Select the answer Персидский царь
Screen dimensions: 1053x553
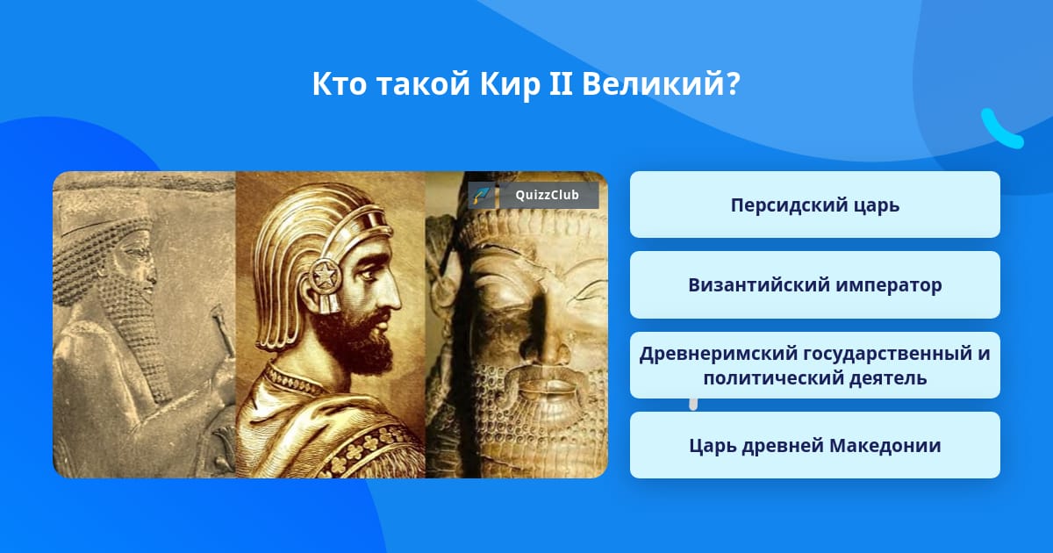coord(814,205)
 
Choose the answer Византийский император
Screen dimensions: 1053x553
coord(814,285)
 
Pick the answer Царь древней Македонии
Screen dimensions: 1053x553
coord(814,445)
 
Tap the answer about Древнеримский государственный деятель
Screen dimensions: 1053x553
coord(814,365)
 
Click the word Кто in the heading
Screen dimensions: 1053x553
coord(340,83)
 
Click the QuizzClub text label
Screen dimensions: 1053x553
coord(547,195)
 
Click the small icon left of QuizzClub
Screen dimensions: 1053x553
coord(482,195)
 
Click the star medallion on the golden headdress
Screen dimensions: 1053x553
coord(324,275)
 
